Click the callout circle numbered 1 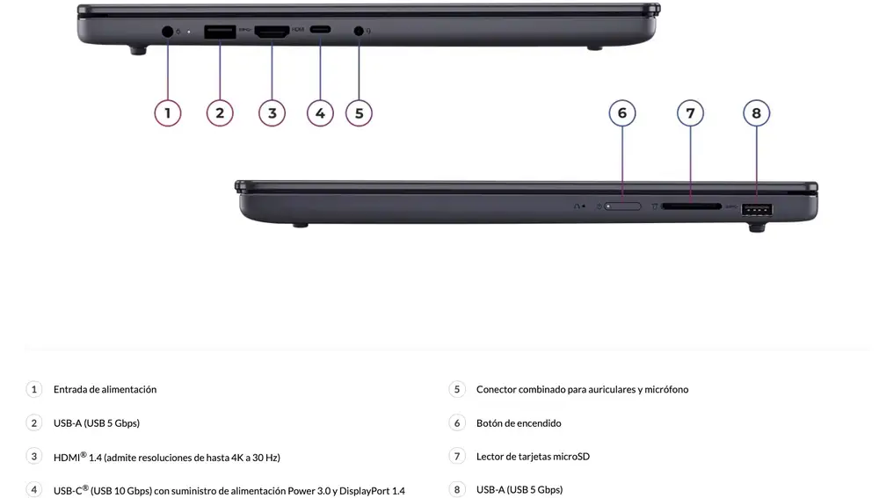pyautogui.click(x=167, y=112)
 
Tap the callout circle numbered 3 pyautogui.click(x=272, y=112)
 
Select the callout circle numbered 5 pyautogui.click(x=359, y=112)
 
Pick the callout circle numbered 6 pyautogui.click(x=622, y=112)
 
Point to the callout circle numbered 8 pyautogui.click(x=756, y=112)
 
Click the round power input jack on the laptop pyautogui.click(x=168, y=32)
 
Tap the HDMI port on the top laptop pyautogui.click(x=272, y=32)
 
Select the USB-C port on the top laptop pyautogui.click(x=320, y=32)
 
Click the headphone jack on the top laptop pyautogui.click(x=359, y=32)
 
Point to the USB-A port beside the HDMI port pyautogui.click(x=220, y=32)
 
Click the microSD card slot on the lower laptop pyautogui.click(x=690, y=207)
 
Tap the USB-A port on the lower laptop pyautogui.click(x=757, y=209)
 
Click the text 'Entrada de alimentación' pyautogui.click(x=105, y=389)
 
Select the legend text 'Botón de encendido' pyautogui.click(x=519, y=422)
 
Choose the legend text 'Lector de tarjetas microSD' pyautogui.click(x=533, y=456)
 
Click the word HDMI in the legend pyautogui.click(x=67, y=457)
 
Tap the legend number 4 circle pyautogui.click(x=34, y=489)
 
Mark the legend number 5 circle pyautogui.click(x=456, y=389)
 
